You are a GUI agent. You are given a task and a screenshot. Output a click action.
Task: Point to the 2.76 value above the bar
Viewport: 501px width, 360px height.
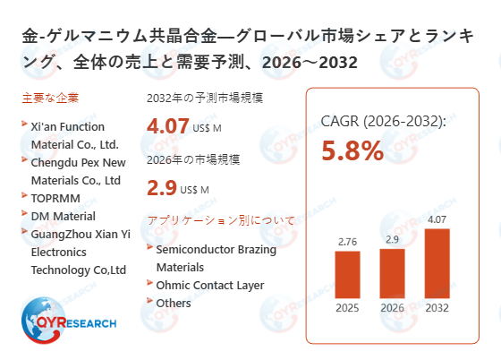(x=347, y=242)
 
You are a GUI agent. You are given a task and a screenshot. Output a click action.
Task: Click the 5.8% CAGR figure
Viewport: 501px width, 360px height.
(x=352, y=151)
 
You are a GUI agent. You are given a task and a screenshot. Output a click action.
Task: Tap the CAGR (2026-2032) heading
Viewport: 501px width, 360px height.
(x=383, y=121)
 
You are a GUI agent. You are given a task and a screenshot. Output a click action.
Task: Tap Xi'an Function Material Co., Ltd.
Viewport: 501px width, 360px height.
(x=74, y=135)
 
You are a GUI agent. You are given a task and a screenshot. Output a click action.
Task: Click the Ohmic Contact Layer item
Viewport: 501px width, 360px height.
(x=210, y=285)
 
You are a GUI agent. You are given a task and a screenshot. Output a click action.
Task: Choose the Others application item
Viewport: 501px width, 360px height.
(x=174, y=303)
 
